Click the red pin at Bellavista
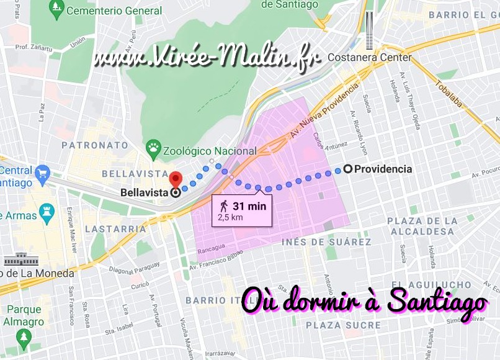coord(176,179)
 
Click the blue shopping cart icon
coord(42,174)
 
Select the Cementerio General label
coord(114,11)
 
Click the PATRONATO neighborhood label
coord(94,145)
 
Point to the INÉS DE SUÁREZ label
coord(326,242)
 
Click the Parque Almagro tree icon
coord(24,337)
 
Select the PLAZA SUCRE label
coord(343,325)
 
